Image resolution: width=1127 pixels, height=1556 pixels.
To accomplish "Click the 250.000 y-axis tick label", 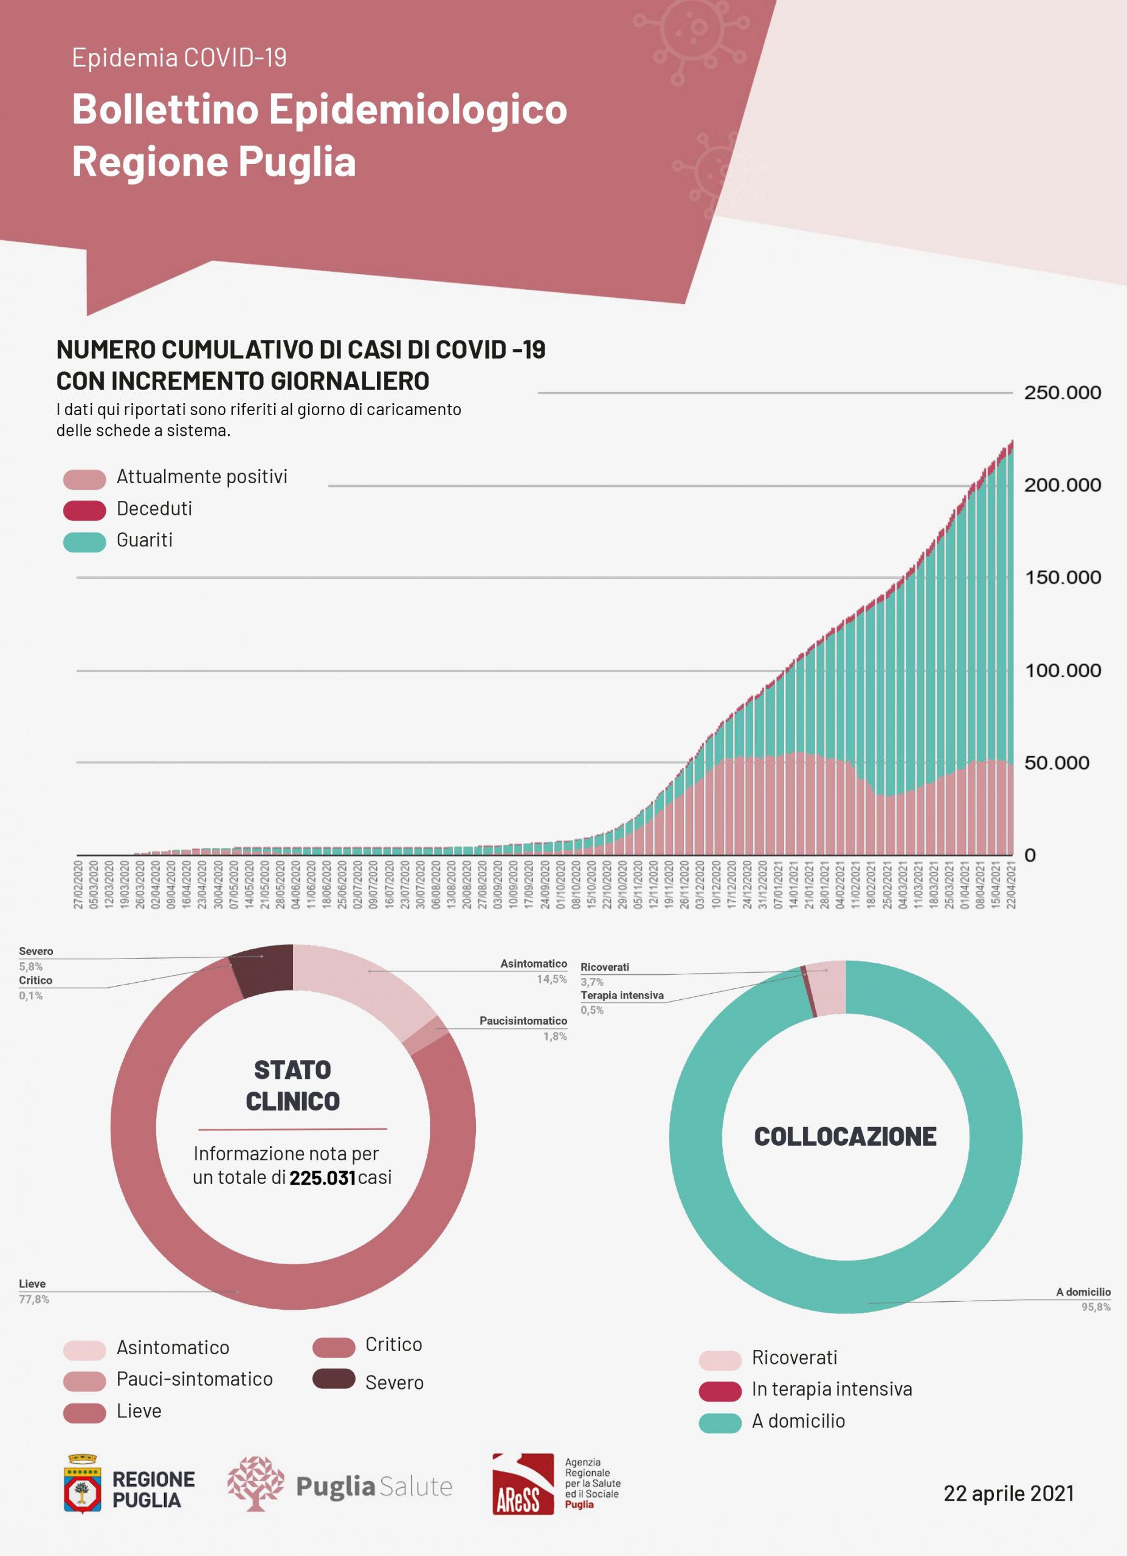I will click(1062, 393).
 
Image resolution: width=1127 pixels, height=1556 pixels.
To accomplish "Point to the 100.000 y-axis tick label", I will click(1063, 670).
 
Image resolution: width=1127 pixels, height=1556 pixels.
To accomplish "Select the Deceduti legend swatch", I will click(84, 510).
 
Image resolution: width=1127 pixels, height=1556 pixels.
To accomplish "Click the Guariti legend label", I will click(145, 540).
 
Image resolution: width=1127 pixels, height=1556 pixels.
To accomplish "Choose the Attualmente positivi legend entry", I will click(202, 477).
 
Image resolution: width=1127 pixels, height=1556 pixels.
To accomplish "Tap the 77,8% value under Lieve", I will click(33, 1300).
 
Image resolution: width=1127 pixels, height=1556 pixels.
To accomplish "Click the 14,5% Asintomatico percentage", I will click(551, 979).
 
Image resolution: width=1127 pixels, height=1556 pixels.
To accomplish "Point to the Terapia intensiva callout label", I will click(621, 996).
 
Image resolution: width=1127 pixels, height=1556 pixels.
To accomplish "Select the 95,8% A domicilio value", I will click(1095, 1307).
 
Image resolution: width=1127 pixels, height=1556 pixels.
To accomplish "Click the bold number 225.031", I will click(322, 1178).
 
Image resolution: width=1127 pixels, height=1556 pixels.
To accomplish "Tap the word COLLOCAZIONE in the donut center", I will click(845, 1137).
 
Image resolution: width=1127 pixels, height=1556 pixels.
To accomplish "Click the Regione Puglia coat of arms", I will click(82, 1483).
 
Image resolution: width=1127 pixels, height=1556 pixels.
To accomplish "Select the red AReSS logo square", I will click(523, 1483).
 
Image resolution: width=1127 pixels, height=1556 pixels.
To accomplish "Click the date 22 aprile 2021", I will click(1008, 1493).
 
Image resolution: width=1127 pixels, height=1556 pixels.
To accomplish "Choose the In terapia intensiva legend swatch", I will click(720, 1391).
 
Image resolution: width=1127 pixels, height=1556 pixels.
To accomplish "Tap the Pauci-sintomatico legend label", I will click(195, 1379).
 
